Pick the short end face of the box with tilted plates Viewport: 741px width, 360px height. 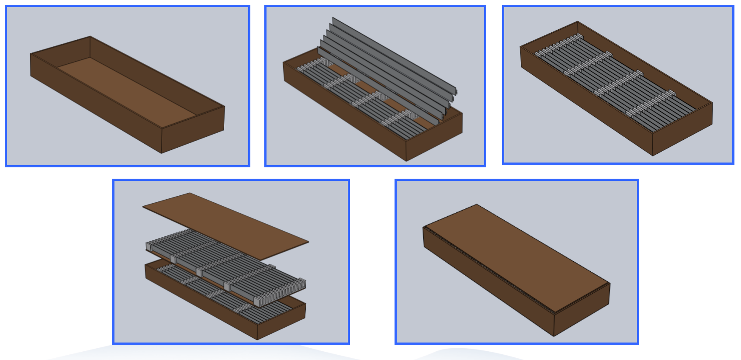click(x=434, y=138)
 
